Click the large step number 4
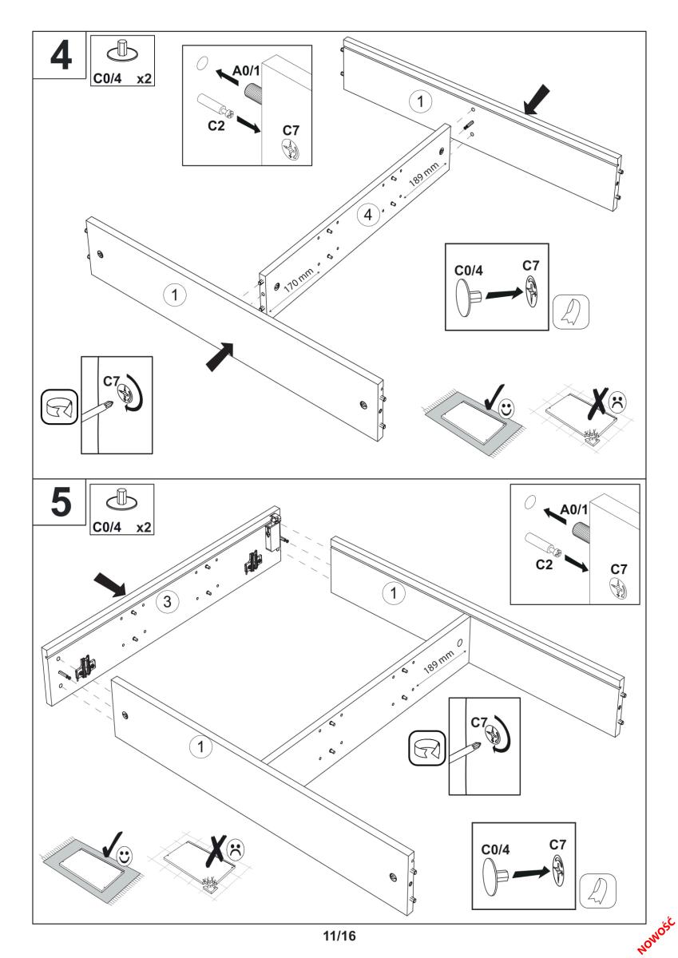click(59, 56)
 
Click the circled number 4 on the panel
click(368, 216)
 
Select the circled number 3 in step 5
click(166, 602)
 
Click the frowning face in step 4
click(619, 402)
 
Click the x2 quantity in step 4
click(144, 79)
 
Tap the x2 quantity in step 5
click(144, 528)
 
